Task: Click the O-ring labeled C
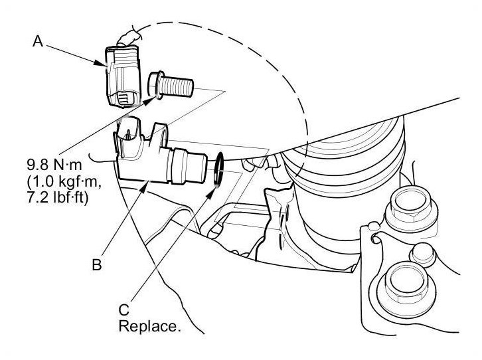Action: click(218, 170)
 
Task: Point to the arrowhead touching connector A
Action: click(106, 64)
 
